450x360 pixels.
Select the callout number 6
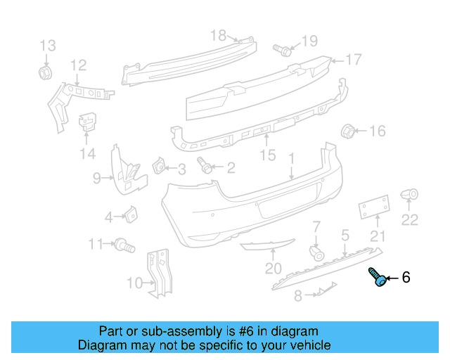(x=406, y=278)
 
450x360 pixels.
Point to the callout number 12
(x=78, y=65)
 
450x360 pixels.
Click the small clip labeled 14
(x=86, y=123)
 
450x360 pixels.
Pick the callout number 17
(x=353, y=59)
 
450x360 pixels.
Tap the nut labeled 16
(x=347, y=131)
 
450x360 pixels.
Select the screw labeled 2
(x=206, y=167)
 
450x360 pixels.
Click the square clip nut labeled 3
(x=159, y=166)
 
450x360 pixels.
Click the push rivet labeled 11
(x=124, y=245)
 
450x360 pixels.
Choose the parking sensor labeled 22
(x=409, y=194)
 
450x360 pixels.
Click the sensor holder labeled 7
(x=316, y=252)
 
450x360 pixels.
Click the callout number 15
(x=268, y=155)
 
